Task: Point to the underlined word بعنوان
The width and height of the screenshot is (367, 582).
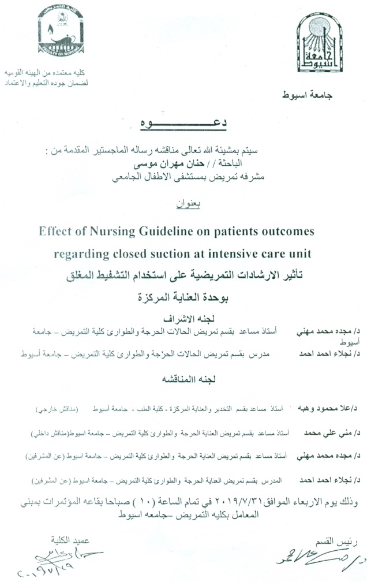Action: point(185,203)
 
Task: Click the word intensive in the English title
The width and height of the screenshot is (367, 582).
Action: point(239,253)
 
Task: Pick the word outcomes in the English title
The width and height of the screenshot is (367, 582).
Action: point(287,232)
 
